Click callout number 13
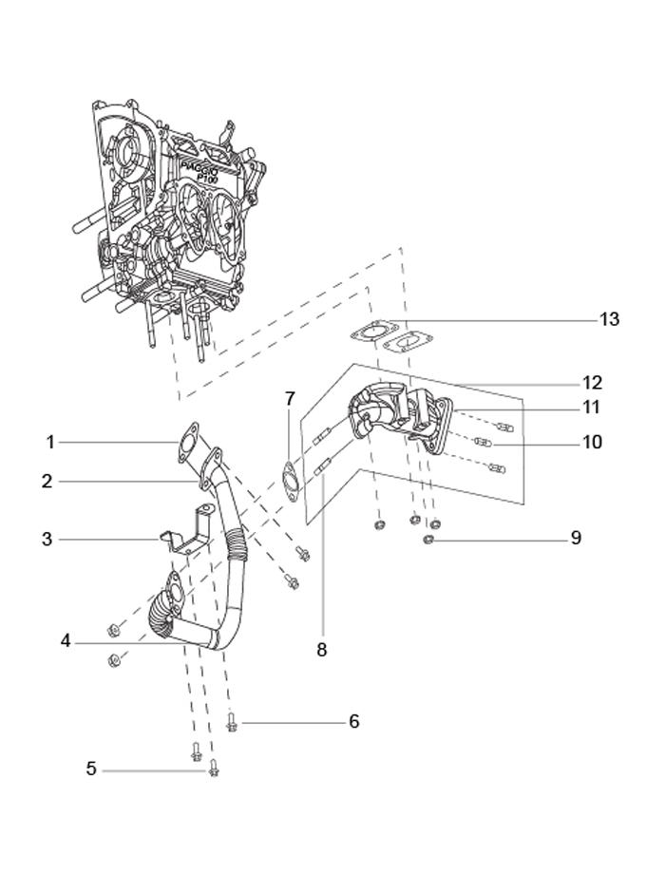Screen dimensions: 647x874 click(x=609, y=319)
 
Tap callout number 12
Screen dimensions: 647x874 click(x=593, y=382)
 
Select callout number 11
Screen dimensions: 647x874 click(x=591, y=407)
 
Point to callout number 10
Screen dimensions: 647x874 click(x=593, y=442)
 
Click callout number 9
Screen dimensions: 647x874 click(x=576, y=538)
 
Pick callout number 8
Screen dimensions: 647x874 click(x=321, y=650)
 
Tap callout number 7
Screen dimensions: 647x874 click(x=289, y=399)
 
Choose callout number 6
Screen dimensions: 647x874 click(x=353, y=721)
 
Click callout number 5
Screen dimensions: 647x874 click(x=91, y=769)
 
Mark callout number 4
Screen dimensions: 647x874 click(x=66, y=641)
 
